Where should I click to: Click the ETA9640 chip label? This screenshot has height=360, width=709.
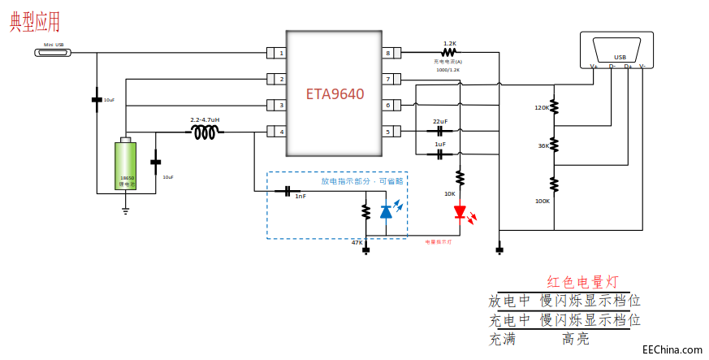(x=335, y=93)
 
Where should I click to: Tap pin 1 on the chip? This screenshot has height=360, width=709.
(x=277, y=54)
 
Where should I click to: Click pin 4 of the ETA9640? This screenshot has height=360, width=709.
(x=277, y=132)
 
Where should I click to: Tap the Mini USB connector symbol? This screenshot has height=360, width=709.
(x=54, y=53)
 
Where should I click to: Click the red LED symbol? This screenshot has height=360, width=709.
(x=460, y=213)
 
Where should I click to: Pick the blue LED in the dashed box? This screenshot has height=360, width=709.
(x=386, y=210)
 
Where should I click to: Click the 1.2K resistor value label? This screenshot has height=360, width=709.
(x=449, y=43)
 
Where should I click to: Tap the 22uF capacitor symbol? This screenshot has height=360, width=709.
(x=440, y=130)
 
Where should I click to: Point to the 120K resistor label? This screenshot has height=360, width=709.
(x=542, y=107)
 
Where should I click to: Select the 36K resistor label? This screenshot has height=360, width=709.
(x=543, y=146)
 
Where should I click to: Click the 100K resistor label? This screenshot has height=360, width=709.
(x=542, y=201)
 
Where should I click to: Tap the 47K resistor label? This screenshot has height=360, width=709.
(x=357, y=242)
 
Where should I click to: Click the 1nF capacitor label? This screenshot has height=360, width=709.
(x=300, y=196)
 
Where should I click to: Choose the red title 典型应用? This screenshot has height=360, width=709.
(x=35, y=22)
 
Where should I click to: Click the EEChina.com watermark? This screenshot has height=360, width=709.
(x=672, y=349)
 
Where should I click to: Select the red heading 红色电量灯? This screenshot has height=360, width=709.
(x=583, y=282)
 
